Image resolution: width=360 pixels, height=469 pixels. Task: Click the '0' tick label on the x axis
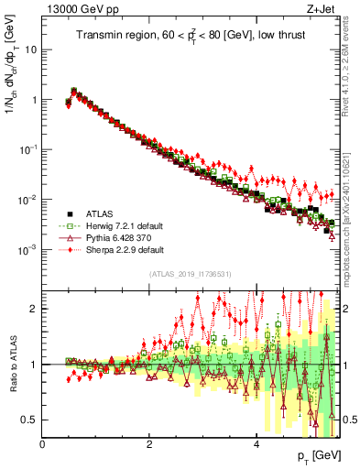pyautogui.click(x=42, y=444)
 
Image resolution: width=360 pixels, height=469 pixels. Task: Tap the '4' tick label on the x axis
pyautogui.click(x=256, y=444)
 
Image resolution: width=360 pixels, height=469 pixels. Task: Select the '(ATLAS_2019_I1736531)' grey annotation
pyautogui.click(x=190, y=274)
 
